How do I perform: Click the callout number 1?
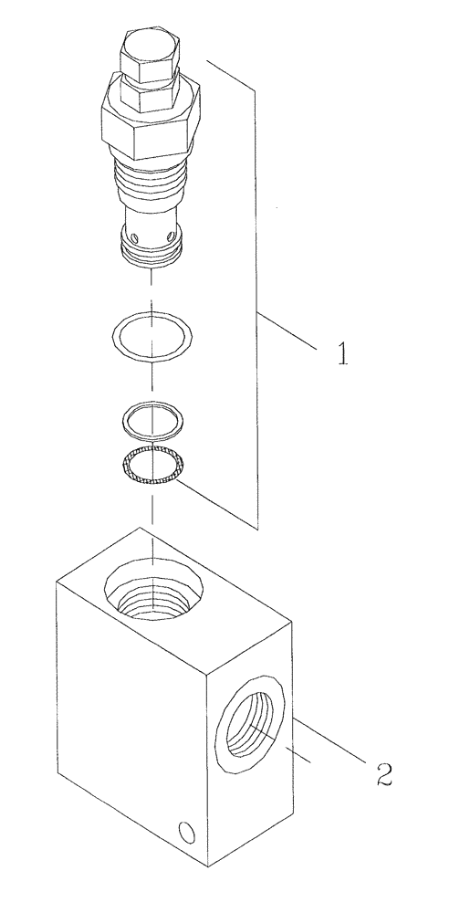pyautogui.click(x=342, y=353)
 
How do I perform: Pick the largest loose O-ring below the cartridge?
pyautogui.click(x=152, y=336)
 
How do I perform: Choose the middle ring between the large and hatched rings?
pyautogui.click(x=152, y=419)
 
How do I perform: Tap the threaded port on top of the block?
pyautogui.click(x=152, y=593)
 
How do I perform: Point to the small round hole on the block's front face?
pyautogui.click(x=187, y=805)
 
